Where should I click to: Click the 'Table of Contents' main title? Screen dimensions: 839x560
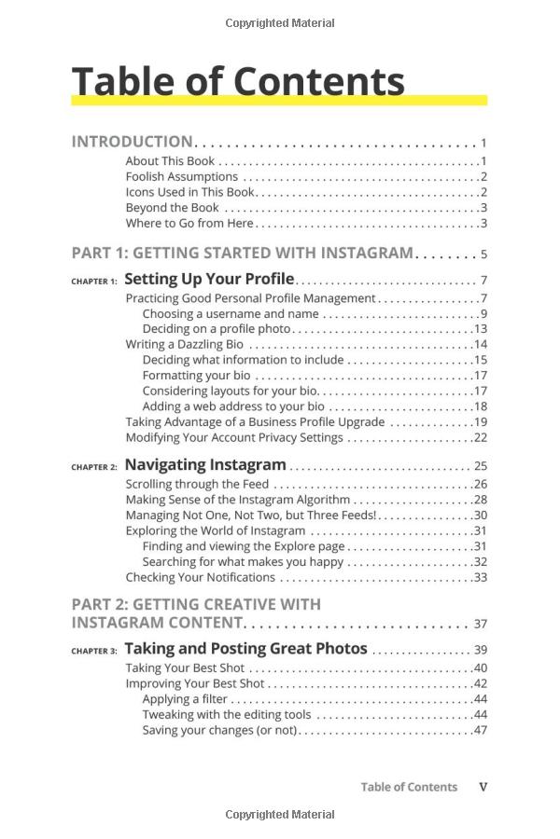238,81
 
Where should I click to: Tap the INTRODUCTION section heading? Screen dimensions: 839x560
132,142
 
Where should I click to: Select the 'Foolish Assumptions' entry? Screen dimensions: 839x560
182,176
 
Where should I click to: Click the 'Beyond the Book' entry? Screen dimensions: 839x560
173,208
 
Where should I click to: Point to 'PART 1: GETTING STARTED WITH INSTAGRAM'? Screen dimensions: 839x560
242,253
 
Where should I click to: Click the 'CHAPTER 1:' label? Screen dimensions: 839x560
94,281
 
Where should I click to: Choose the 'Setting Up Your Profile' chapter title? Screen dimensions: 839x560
209,279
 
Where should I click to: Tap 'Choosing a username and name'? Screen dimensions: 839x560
231,313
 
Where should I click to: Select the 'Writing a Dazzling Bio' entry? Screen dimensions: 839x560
185,344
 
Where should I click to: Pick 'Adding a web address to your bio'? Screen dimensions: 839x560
233,406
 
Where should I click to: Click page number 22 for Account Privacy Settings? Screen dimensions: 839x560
481,437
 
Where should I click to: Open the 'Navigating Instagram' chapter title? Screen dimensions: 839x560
205,464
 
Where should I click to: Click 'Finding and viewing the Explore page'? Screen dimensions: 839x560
243,546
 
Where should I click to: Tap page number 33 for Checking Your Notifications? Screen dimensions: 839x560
481,577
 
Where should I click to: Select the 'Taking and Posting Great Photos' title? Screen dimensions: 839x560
245,649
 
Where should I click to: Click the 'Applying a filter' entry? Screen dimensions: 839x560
185,698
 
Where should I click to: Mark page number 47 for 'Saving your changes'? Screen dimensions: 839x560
481,730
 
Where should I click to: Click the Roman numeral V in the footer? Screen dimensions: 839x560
483,787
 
